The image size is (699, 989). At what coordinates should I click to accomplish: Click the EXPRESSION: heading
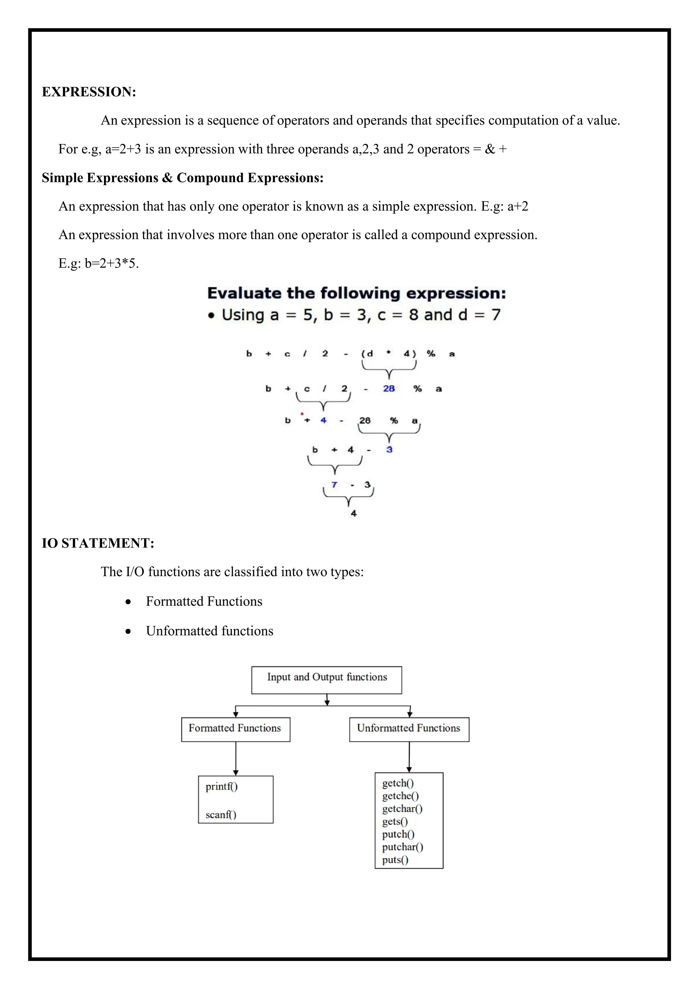(89, 92)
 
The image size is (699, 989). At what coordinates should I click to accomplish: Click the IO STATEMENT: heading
(98, 543)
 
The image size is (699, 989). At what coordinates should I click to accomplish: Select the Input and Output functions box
(327, 680)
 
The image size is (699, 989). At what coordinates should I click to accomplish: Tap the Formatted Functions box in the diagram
(236, 729)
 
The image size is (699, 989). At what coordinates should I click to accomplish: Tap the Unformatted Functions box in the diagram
(409, 729)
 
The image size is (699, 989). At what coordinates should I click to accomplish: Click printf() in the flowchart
(222, 786)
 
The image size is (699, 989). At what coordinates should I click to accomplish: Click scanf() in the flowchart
(221, 814)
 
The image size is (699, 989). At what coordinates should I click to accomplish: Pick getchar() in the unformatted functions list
(402, 809)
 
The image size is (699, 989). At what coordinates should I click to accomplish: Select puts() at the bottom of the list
(395, 860)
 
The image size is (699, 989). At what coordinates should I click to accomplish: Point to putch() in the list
(398, 834)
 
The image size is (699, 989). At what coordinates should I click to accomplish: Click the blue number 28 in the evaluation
(389, 389)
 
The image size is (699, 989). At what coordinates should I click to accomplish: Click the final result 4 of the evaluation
(353, 513)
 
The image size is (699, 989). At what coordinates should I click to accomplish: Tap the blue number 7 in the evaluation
(334, 485)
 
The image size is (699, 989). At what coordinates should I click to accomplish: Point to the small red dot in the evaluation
(302, 414)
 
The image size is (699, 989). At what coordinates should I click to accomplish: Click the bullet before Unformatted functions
(128, 631)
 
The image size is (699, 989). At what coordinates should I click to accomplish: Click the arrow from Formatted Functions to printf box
(236, 758)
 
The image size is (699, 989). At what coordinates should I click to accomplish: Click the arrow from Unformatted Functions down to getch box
(409, 756)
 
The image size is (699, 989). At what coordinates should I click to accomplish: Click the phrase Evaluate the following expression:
(356, 293)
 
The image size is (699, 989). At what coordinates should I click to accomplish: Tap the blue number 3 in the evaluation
(389, 449)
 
